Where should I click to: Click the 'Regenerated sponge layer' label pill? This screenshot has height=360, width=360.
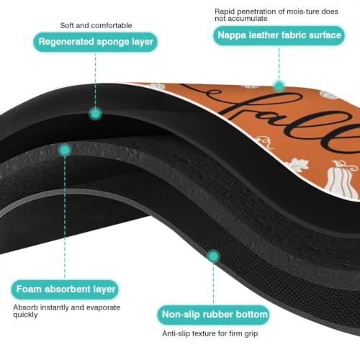point(95,42)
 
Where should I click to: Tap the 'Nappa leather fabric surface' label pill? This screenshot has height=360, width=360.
point(279,35)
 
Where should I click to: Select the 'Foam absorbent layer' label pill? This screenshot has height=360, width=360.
point(65,289)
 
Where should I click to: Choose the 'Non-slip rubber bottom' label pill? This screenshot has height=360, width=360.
point(213,315)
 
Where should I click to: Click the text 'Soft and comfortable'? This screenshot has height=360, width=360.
point(96,25)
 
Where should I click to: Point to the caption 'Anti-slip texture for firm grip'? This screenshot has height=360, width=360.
point(210,333)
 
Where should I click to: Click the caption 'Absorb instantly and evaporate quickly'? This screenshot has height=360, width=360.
point(67,311)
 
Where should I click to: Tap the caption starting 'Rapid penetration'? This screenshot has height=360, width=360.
point(276,15)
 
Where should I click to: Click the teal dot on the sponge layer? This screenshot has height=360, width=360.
point(95,114)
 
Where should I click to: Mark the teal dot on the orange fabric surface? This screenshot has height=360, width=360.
point(279,86)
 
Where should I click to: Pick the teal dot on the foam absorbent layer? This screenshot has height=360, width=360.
point(65,150)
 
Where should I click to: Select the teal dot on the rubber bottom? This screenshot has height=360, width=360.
point(213,256)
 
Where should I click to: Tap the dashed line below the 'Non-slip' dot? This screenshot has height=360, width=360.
point(213,284)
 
